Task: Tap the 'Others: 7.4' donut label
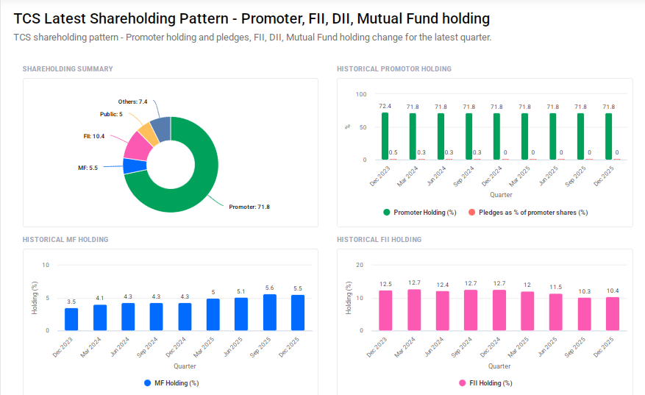[133, 102]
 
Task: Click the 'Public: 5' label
[111, 114]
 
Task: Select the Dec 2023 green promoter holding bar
[385, 136]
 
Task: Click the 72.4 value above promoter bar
[385, 107]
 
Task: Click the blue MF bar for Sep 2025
[270, 312]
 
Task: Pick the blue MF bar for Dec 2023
[71, 319]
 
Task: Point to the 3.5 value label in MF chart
[71, 302]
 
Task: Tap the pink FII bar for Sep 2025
[584, 313]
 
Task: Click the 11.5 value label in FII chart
[556, 287]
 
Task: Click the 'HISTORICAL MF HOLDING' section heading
[65, 240]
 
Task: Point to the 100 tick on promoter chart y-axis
[360, 94]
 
